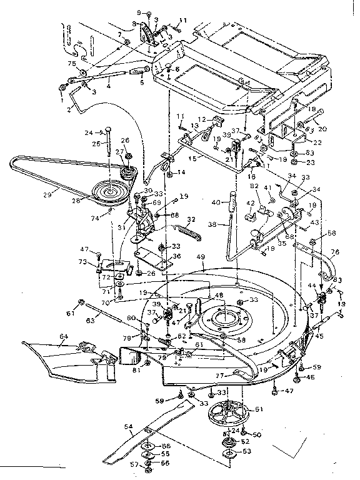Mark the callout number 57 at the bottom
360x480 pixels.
pos(134,465)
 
